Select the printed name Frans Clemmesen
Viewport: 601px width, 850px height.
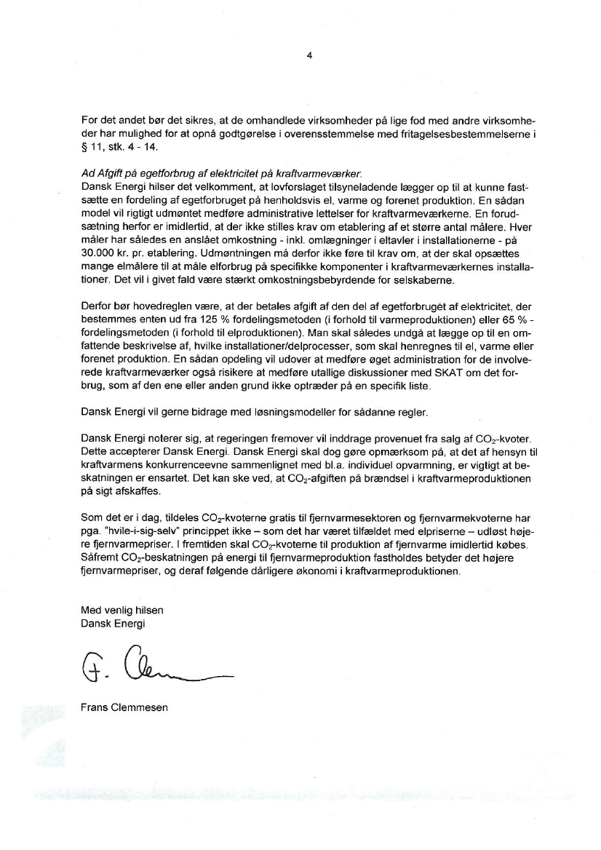pos(124,707)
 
